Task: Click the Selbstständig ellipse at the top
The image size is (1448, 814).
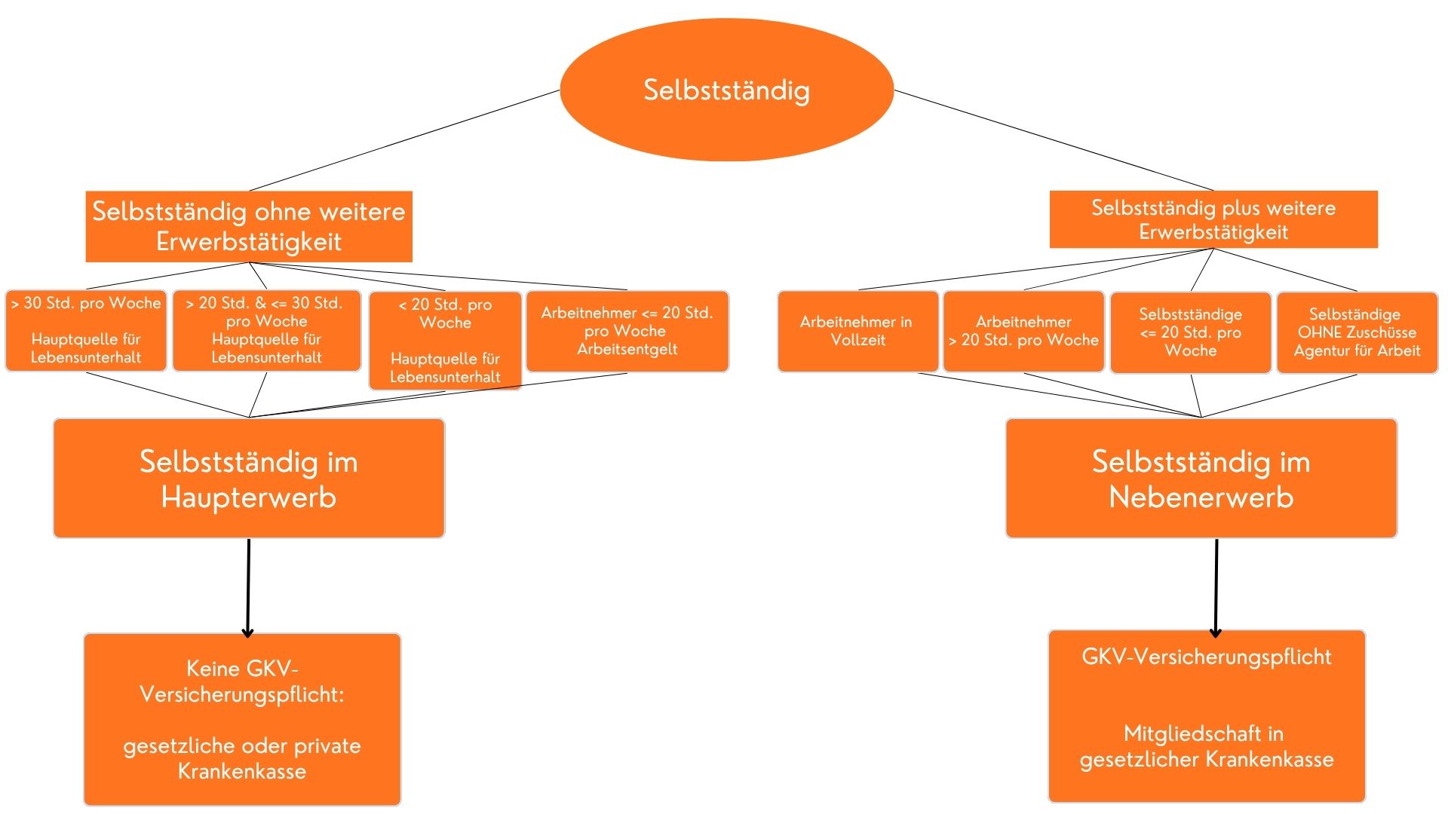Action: tap(726, 90)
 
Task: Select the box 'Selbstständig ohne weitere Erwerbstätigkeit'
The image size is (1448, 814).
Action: tap(249, 226)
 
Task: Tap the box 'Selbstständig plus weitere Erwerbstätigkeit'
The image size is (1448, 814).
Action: tap(1213, 219)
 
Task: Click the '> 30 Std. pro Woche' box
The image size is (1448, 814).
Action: tap(86, 331)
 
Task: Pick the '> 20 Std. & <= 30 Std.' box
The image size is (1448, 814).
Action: tap(266, 331)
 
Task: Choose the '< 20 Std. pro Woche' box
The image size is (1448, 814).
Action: tap(445, 341)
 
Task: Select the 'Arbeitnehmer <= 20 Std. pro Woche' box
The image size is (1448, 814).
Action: tap(627, 331)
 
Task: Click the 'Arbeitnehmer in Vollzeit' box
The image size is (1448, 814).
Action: tap(857, 332)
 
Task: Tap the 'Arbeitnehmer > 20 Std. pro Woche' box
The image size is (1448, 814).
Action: tap(1023, 332)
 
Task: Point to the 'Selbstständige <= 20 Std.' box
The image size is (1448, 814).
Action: tap(1190, 332)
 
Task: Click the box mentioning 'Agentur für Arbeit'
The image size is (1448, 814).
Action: tap(1357, 332)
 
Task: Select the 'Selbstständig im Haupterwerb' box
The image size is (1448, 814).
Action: tap(249, 479)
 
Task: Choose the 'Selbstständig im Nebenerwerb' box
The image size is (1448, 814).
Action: tap(1201, 479)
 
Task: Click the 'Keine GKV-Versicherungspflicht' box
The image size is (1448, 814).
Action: tap(242, 719)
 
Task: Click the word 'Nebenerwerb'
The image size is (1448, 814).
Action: tap(1201, 497)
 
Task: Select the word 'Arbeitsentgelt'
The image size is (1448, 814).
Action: tap(627, 349)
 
